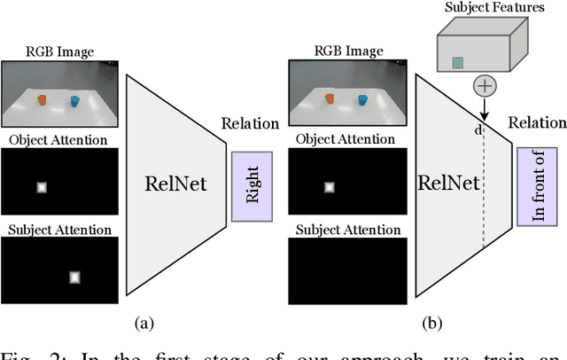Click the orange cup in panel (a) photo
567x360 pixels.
tap(41, 101)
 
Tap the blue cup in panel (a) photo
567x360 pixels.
tap(74, 102)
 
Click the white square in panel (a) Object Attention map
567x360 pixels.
tap(41, 187)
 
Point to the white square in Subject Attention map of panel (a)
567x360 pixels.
tap(75, 277)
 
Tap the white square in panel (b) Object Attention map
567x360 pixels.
tap(329, 187)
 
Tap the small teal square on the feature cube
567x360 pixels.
tap(458, 62)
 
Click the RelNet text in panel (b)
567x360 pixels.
tap(447, 184)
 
